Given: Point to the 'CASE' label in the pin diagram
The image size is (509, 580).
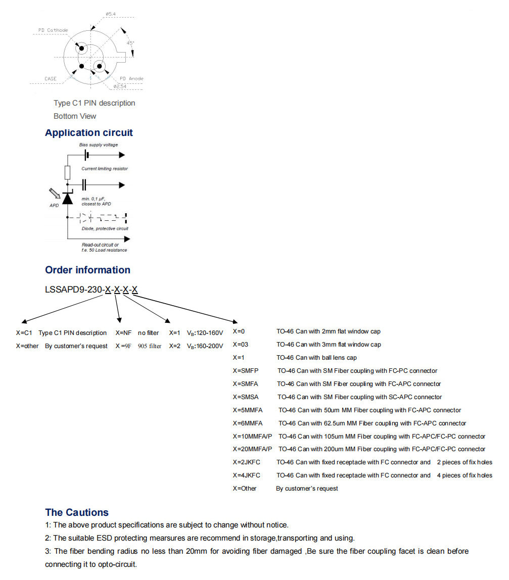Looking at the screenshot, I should point(51,79).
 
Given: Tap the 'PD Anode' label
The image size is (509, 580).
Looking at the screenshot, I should point(131,79).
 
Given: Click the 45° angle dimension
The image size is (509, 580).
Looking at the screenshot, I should point(130,43).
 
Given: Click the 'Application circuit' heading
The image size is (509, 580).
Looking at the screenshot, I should point(89,133).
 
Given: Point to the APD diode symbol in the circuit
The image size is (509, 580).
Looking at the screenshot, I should point(67,198).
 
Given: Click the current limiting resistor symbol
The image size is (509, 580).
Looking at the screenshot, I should point(67,172).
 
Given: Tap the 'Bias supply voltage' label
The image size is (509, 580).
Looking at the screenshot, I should point(99,145).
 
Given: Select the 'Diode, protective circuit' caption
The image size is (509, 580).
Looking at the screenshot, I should point(105,228).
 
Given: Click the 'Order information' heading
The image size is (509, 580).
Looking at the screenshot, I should point(87,270).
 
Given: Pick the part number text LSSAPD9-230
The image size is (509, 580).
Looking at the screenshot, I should point(73,290).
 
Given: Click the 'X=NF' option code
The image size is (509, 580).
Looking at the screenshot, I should point(123,333).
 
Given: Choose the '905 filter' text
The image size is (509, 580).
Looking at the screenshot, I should point(150,346).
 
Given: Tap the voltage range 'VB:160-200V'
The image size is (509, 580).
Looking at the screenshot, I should point(205,346).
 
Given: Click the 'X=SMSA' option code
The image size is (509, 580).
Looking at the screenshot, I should point(246,397).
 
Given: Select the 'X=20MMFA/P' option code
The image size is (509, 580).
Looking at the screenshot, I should point(252,449).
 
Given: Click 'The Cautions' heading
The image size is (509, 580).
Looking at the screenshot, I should point(77,512).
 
